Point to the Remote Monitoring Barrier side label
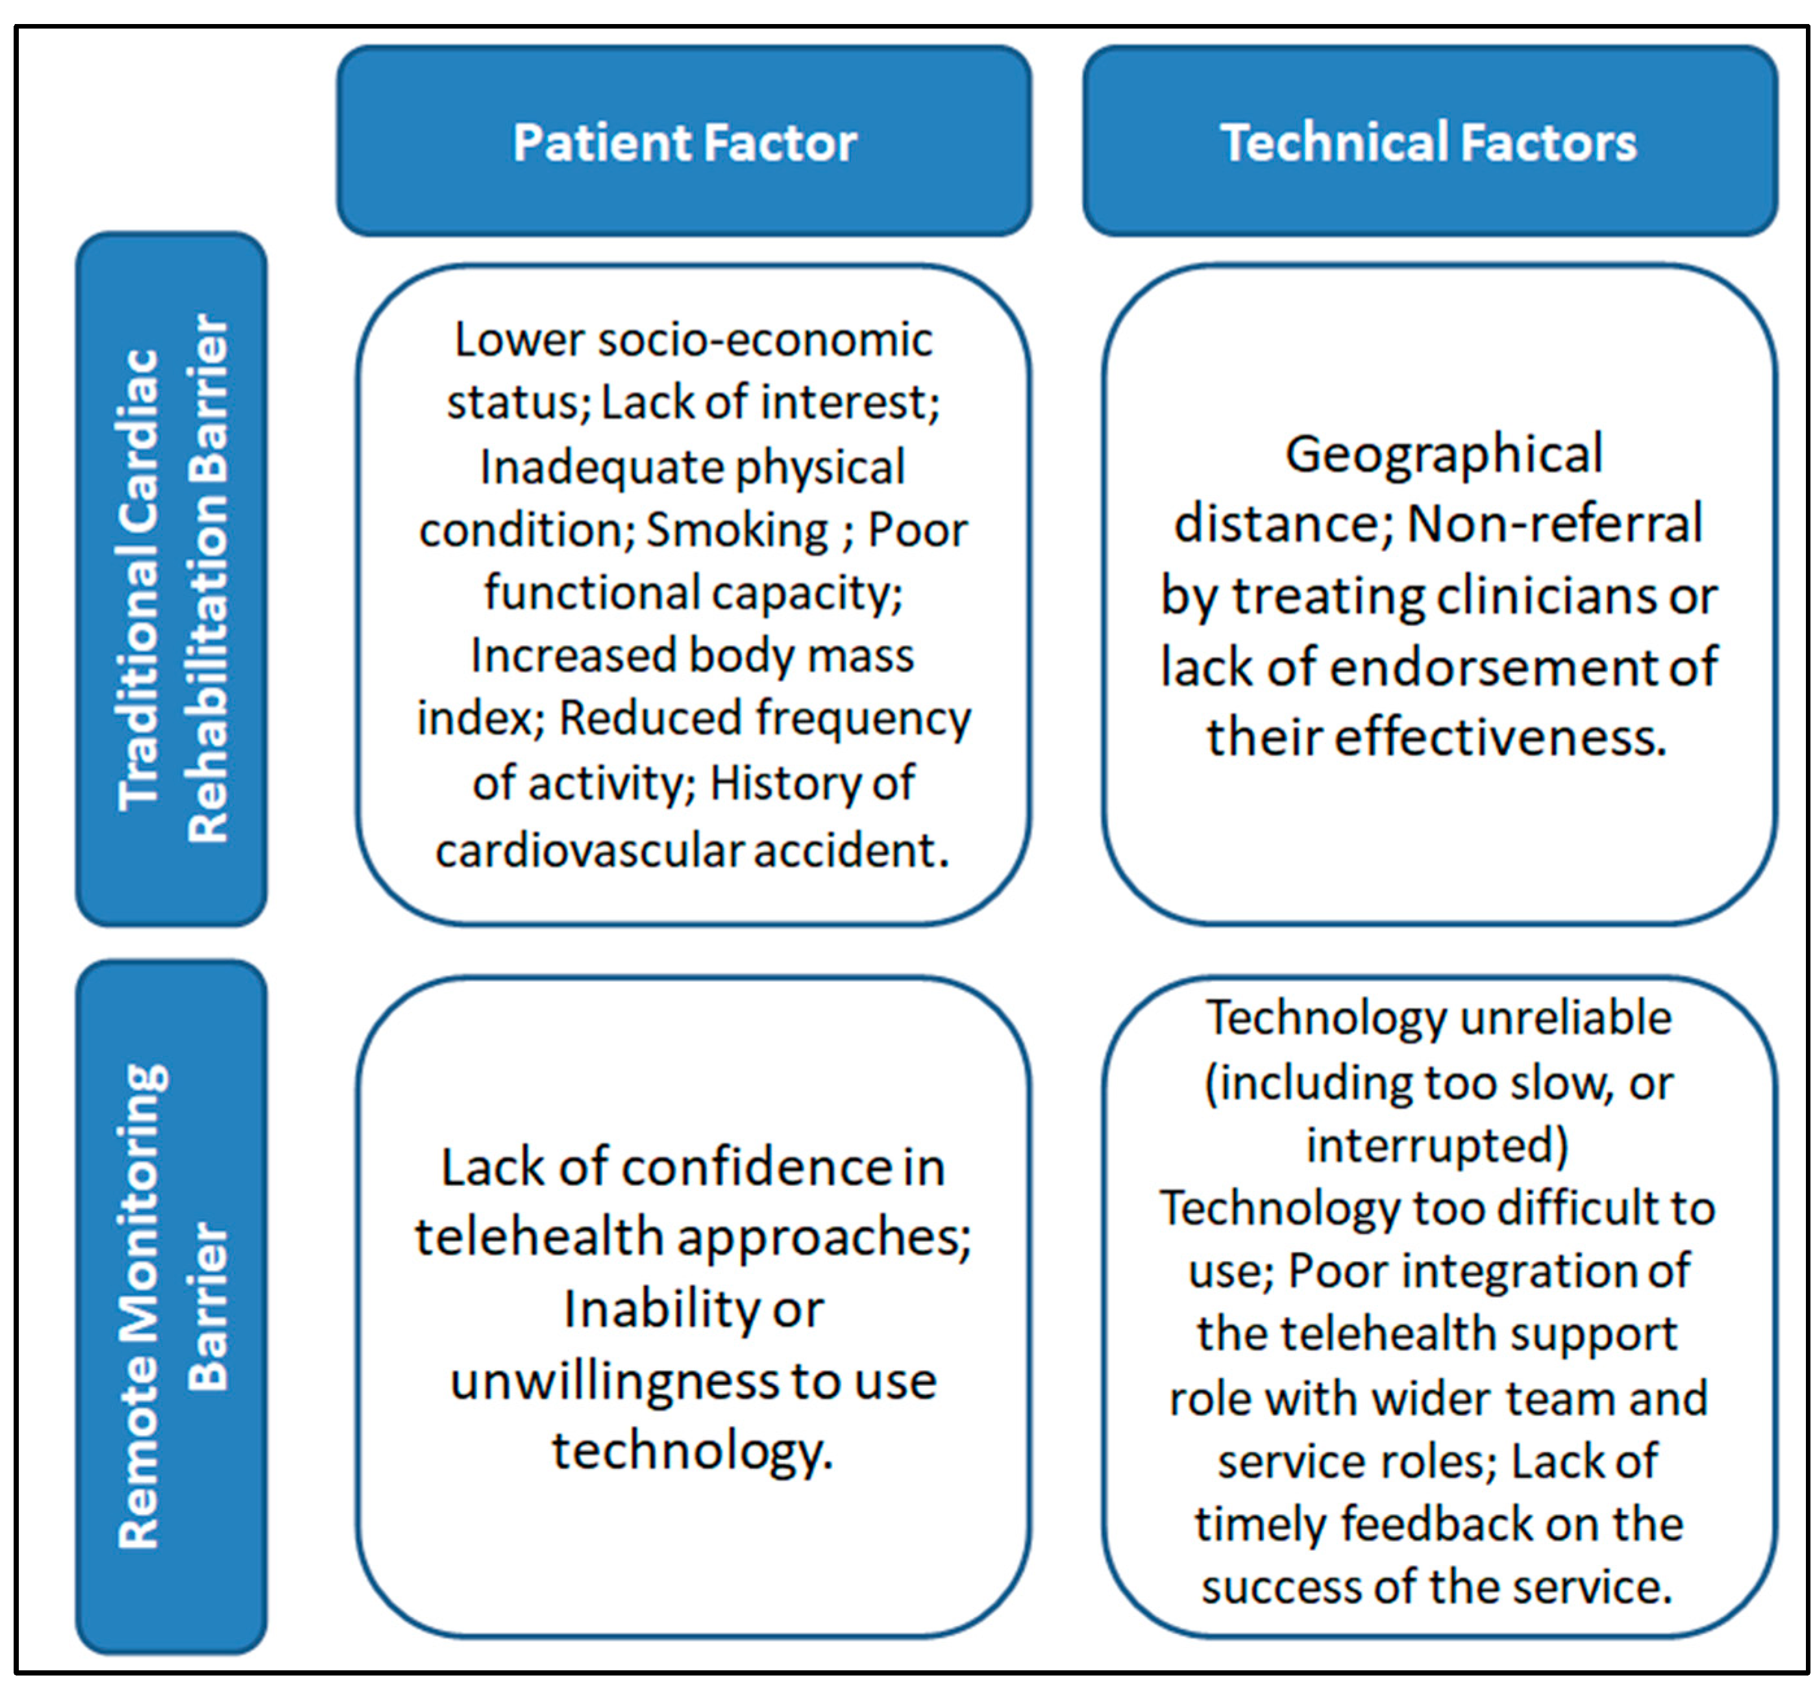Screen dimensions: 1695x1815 (x=171, y=1306)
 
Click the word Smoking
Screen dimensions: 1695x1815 (x=737, y=530)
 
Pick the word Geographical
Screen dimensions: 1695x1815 (x=1444, y=454)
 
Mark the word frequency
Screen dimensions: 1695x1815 (x=863, y=719)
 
